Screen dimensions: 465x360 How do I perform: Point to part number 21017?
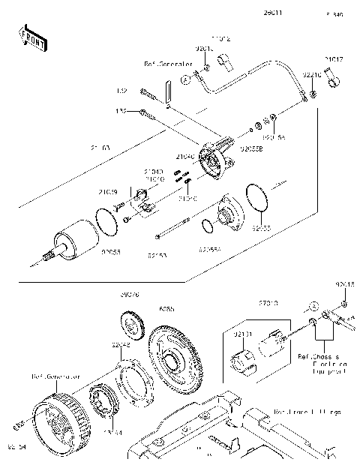click(x=334, y=58)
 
